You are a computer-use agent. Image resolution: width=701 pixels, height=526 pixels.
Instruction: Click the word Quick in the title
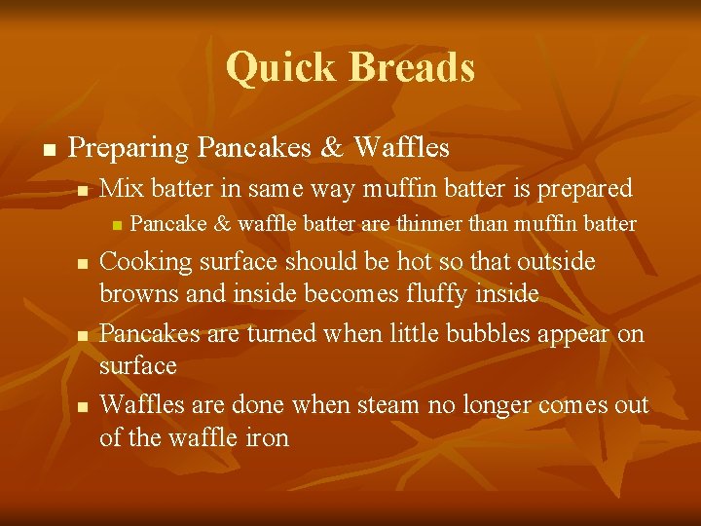(282, 68)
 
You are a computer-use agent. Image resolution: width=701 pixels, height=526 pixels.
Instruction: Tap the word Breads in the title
(413, 68)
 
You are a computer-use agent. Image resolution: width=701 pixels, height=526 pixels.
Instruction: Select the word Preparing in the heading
(129, 148)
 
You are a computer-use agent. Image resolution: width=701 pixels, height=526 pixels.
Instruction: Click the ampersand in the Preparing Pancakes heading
(332, 148)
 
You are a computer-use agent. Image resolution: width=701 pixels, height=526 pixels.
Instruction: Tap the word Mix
(120, 188)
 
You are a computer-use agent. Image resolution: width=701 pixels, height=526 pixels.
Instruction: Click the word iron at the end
(267, 437)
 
